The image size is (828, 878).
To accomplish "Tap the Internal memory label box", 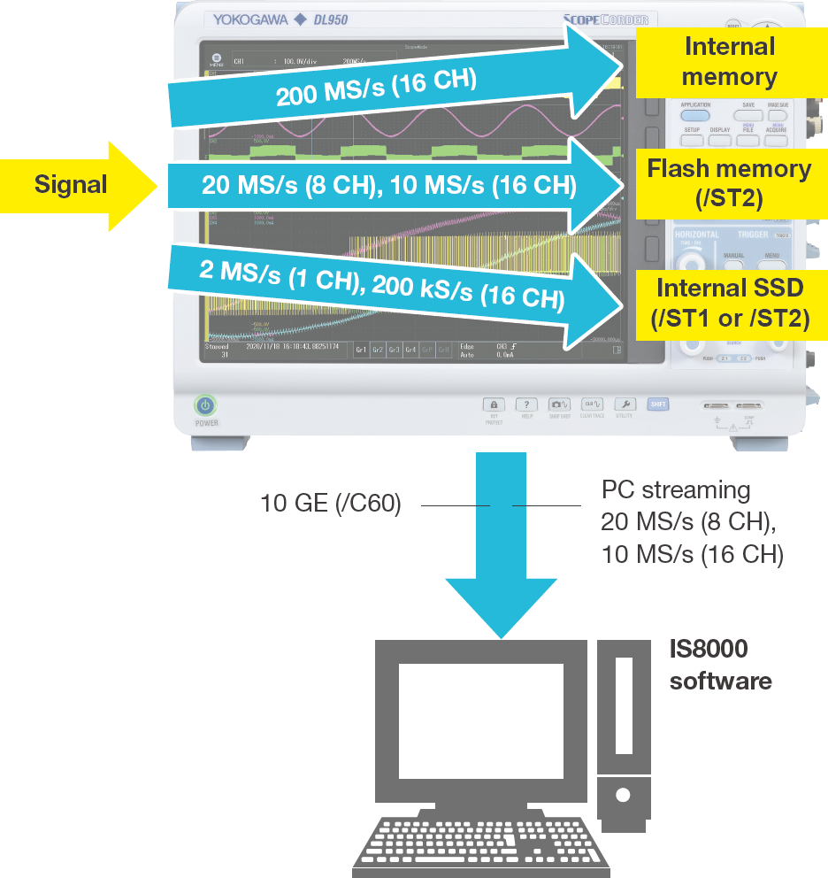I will click(x=729, y=62).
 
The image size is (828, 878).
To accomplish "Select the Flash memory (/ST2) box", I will click(x=729, y=182).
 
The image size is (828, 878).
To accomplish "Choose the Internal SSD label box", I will click(x=729, y=303).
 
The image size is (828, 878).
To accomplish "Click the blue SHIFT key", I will click(x=658, y=404).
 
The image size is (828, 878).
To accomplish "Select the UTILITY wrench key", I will click(x=625, y=404).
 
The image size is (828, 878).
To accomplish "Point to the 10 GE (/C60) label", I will click(x=331, y=504).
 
